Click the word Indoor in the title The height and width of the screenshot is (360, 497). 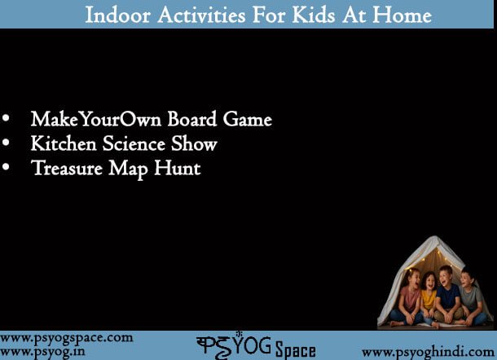(117, 15)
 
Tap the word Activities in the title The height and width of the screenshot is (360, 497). (201, 15)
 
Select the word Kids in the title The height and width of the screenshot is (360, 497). (313, 15)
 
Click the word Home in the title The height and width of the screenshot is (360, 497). (402, 15)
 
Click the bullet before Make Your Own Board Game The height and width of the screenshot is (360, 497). (6, 118)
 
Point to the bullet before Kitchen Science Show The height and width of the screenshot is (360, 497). (6, 143)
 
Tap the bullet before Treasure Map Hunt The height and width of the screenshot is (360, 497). (6, 167)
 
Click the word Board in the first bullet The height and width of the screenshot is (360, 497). (192, 119)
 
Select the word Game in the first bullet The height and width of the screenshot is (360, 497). (248, 119)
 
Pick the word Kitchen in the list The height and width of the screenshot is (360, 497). (64, 143)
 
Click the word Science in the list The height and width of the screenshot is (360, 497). (134, 143)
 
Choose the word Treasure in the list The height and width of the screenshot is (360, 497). (67, 168)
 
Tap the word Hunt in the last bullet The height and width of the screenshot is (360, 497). (178, 168)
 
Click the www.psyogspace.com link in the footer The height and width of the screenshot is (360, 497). (67, 338)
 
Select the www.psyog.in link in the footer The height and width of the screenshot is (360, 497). (42, 352)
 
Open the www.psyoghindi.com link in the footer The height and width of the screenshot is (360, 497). (429, 352)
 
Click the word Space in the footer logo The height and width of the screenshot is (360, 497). (296, 350)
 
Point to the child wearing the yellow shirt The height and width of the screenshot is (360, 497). (429, 296)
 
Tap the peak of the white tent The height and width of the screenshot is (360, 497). (435, 236)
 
